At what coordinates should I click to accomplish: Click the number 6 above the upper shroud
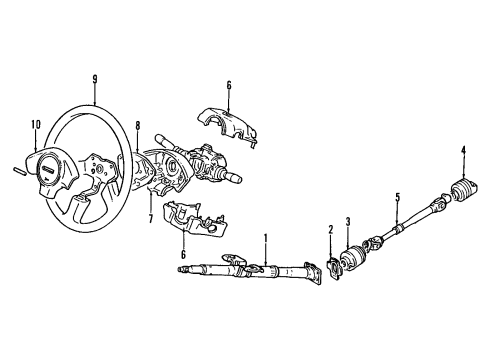point(228,85)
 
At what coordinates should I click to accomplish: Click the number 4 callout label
point(464,151)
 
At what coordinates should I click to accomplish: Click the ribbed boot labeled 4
point(465,189)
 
